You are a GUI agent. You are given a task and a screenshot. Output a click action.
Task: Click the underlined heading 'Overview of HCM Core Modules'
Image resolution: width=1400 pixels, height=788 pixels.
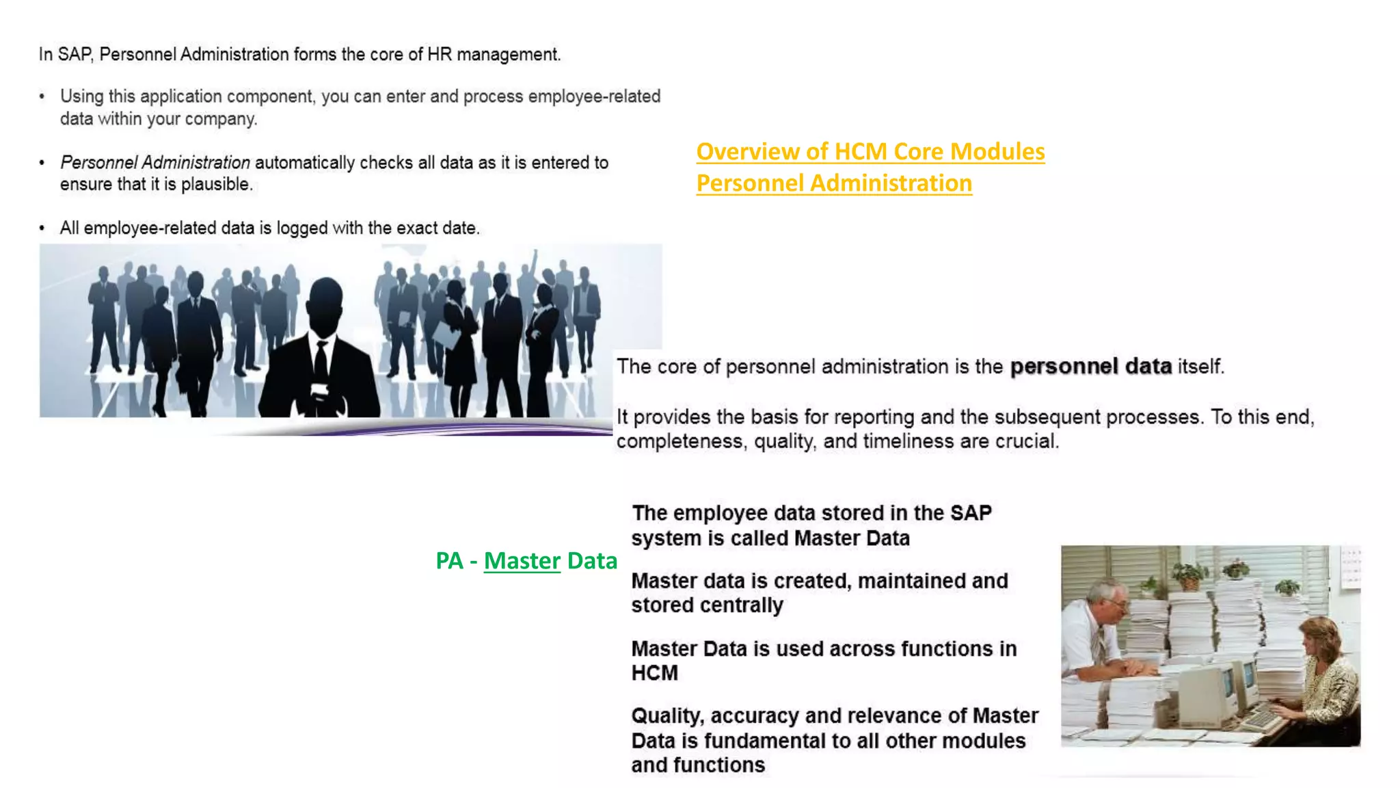870,151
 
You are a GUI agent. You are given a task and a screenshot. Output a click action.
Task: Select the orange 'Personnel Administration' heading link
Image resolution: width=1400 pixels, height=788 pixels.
834,183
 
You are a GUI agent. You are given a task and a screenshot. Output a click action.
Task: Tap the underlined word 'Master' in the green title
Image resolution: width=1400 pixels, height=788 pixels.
522,561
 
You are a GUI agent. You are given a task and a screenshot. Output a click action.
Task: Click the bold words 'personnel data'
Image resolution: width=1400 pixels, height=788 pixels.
1091,367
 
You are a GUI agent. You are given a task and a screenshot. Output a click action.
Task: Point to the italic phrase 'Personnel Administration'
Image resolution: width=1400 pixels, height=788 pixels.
155,163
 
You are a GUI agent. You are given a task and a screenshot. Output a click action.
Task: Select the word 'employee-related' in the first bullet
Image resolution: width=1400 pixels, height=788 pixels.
594,96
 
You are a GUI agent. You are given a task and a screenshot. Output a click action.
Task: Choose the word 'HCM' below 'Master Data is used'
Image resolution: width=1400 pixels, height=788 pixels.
654,673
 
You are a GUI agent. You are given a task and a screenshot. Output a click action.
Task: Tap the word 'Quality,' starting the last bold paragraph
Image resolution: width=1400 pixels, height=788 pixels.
667,716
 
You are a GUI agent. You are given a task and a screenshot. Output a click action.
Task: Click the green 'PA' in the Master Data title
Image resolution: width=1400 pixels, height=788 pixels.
449,561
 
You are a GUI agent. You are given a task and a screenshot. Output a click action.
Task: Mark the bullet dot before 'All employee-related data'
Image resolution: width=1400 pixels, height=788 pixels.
42,228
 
